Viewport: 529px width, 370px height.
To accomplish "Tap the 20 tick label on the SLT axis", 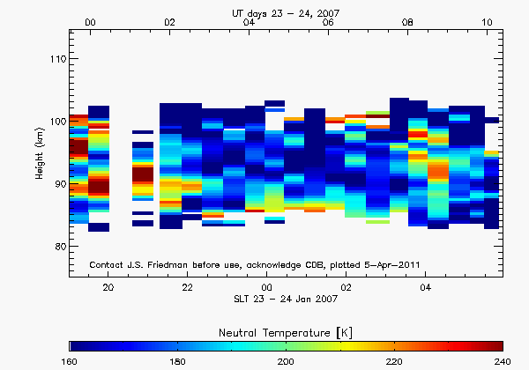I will pyautogui.click(x=108, y=287).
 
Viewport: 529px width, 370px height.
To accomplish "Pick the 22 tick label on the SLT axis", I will pyautogui.click(x=187, y=287).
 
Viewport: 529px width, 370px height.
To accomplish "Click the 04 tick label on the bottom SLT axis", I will pyautogui.click(x=426, y=287).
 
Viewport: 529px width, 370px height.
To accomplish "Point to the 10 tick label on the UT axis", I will pyautogui.click(x=487, y=22).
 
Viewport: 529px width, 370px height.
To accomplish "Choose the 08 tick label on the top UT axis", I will pyautogui.click(x=407, y=22).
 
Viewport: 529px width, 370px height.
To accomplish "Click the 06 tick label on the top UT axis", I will pyautogui.click(x=328, y=22).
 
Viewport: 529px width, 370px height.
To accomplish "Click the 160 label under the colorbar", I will pyautogui.click(x=70, y=361).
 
